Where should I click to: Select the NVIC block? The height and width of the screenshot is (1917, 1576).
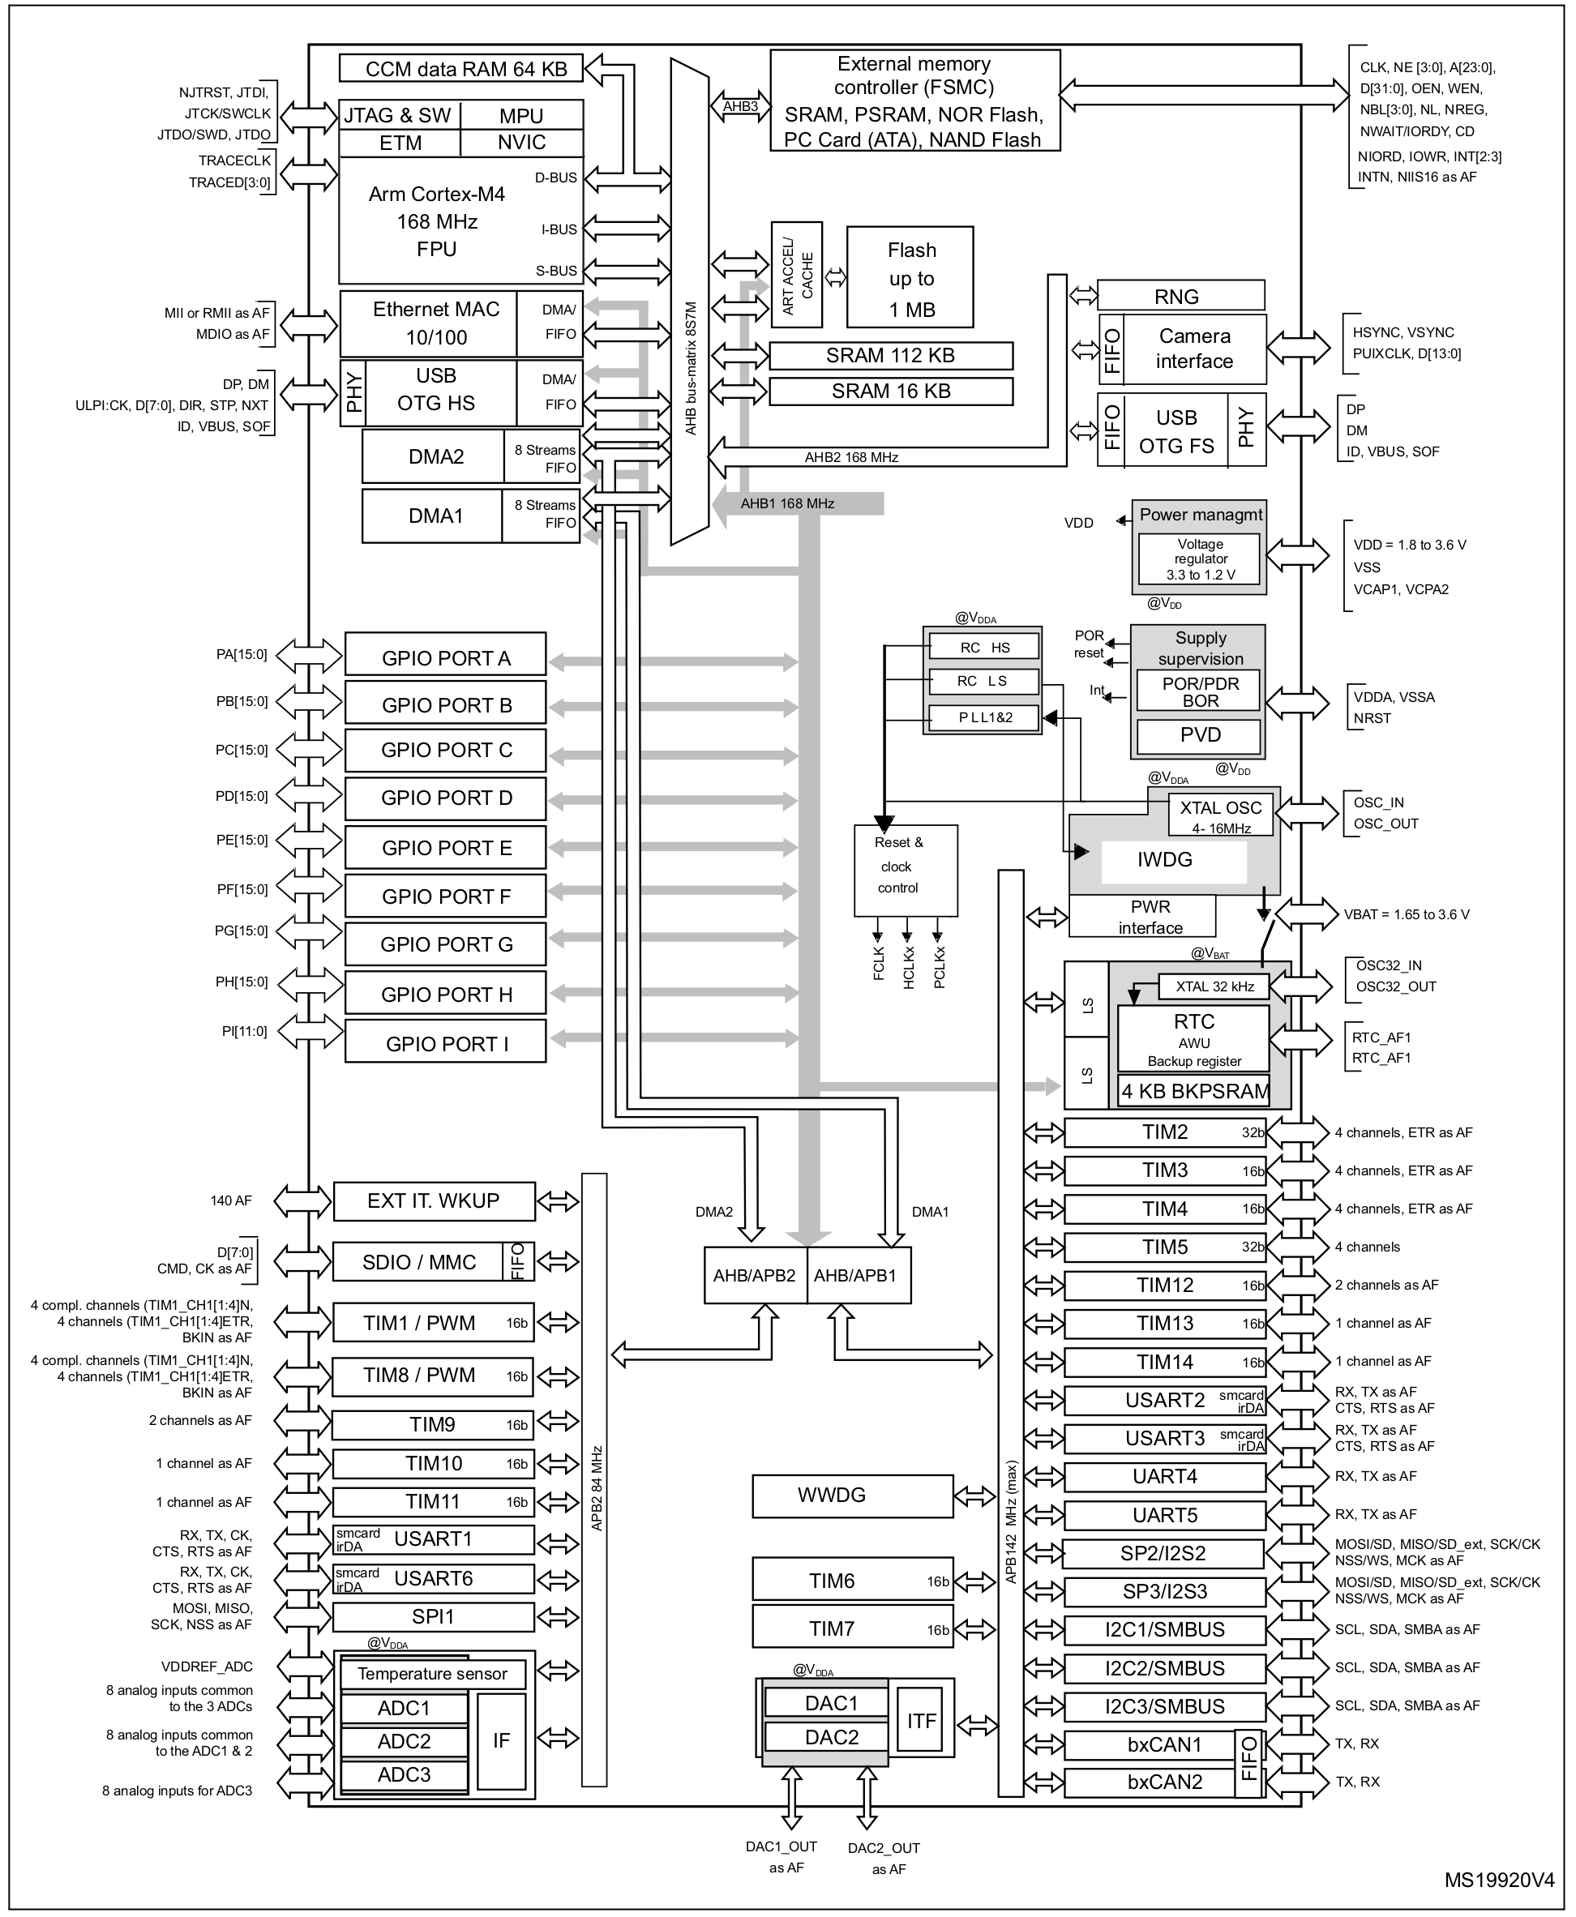(x=521, y=143)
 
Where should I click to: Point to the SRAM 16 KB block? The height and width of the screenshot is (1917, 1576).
(x=891, y=392)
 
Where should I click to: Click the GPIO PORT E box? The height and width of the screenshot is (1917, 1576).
(x=445, y=847)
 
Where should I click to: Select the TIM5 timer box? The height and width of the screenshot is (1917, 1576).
(x=1165, y=1247)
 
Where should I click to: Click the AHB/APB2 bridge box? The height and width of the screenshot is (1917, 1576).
(x=755, y=1275)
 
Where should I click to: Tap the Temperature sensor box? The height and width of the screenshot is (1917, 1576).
(x=432, y=1674)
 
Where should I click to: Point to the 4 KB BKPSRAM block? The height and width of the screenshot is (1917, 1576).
(x=1194, y=1091)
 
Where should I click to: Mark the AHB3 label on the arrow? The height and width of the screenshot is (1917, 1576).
(x=740, y=107)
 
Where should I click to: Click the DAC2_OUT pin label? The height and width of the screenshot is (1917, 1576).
(x=884, y=1848)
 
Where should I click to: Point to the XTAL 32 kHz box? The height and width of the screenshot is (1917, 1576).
(x=1214, y=986)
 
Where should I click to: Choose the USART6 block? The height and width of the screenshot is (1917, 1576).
(x=433, y=1578)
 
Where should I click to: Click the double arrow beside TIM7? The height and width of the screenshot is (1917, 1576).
(x=975, y=1630)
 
